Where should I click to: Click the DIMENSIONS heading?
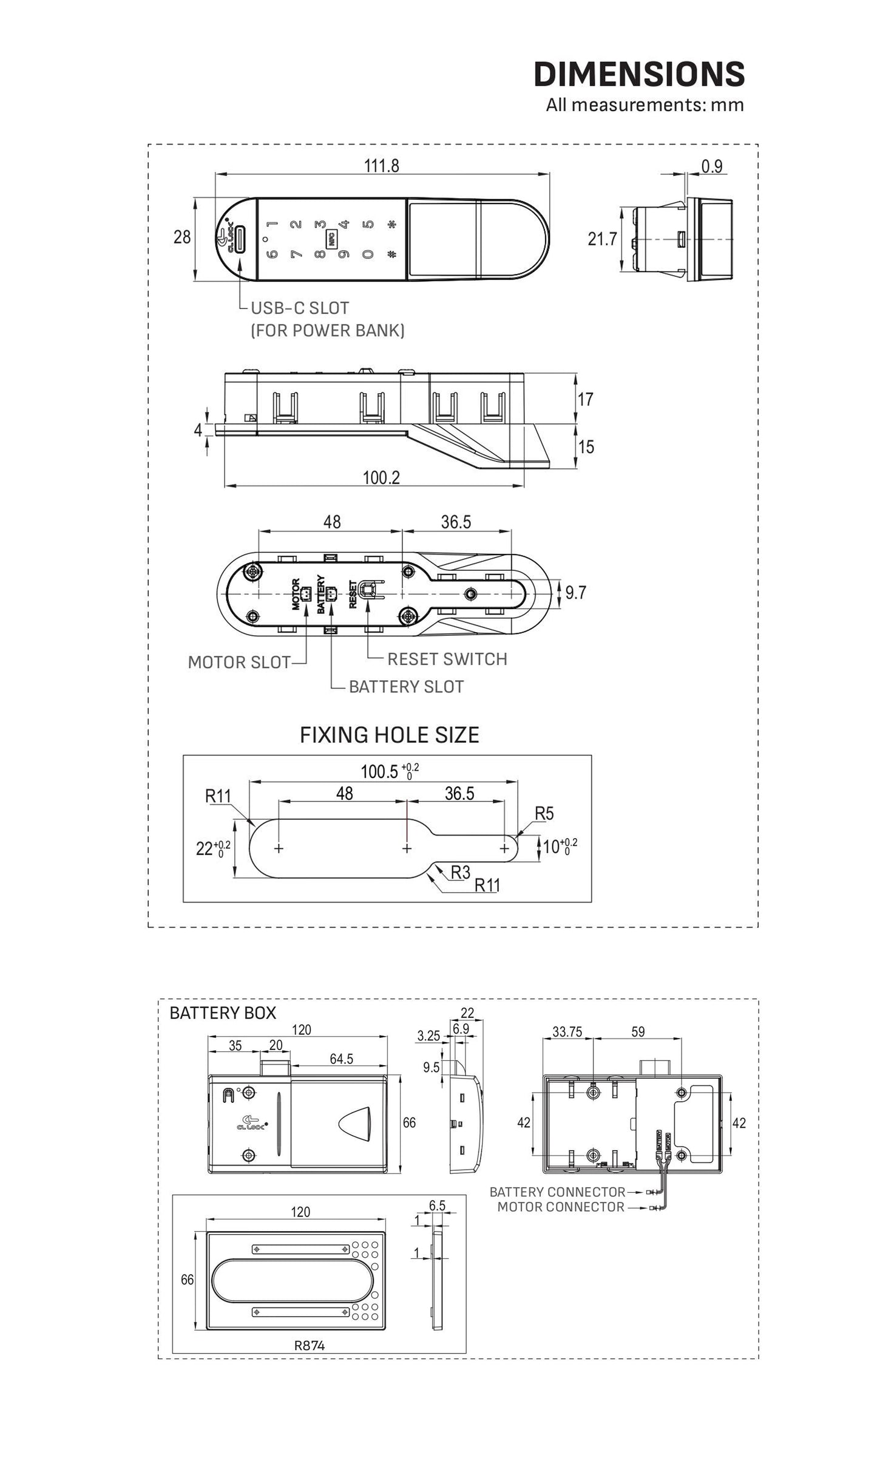point(638,74)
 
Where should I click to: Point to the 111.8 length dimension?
point(381,166)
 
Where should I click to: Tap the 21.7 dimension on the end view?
point(601,239)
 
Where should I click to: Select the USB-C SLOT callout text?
point(300,308)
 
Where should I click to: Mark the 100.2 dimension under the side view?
point(381,477)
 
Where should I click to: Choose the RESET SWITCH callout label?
point(447,659)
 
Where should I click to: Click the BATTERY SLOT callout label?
point(406,687)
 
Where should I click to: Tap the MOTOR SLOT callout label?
point(239,663)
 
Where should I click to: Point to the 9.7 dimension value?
point(575,592)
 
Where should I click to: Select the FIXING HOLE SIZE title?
point(389,735)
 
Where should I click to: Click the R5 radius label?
point(544,814)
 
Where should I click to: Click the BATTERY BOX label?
point(222,1013)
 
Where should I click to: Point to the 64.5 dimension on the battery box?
point(341,1059)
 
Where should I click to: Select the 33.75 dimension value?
point(567,1032)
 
